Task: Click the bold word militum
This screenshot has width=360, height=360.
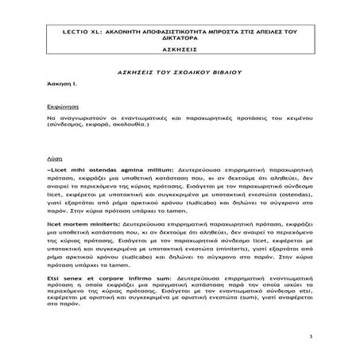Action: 140,169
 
